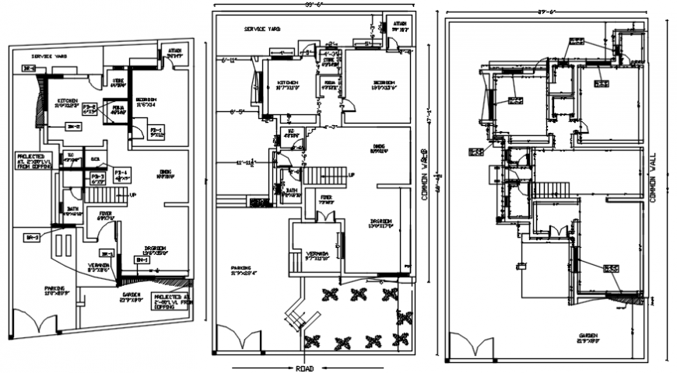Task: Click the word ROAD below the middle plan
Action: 304,368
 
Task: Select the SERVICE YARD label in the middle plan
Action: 261,29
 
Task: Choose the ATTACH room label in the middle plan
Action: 399,24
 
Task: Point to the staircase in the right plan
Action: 550,189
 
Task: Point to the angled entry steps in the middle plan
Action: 297,315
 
